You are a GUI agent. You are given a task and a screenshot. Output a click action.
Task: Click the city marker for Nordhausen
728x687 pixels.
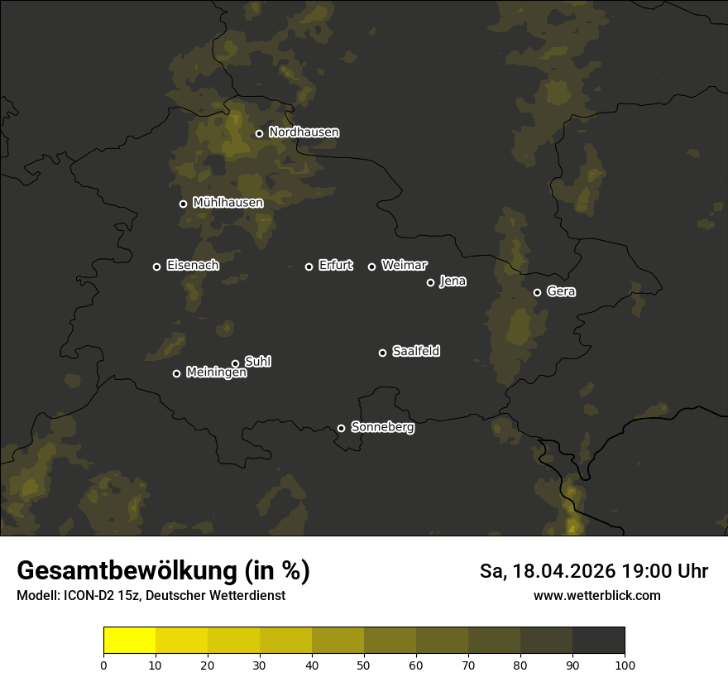tap(259, 133)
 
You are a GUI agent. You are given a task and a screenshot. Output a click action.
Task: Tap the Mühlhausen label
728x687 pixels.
tap(228, 203)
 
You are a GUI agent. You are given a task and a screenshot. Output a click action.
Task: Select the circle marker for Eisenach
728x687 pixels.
tap(156, 267)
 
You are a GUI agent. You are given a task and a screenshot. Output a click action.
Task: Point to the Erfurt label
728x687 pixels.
tap(335, 266)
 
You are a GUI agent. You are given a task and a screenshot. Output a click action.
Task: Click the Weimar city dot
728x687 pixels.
tap(371, 267)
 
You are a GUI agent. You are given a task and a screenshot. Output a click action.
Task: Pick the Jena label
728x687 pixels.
tap(453, 281)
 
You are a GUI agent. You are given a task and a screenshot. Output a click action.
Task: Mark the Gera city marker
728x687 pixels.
tap(537, 292)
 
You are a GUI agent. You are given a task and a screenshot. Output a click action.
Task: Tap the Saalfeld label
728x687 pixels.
tap(415, 352)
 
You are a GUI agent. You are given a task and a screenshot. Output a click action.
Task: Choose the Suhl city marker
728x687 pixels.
tap(235, 363)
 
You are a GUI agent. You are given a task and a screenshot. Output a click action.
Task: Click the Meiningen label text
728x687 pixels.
tap(216, 373)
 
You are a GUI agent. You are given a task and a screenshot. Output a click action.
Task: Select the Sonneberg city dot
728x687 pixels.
tap(341, 428)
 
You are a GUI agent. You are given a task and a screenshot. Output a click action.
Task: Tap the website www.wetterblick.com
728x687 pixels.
tap(596, 596)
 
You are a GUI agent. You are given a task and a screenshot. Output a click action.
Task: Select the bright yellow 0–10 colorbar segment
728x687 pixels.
tap(130, 641)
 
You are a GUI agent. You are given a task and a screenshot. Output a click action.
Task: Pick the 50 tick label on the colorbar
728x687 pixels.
tap(364, 665)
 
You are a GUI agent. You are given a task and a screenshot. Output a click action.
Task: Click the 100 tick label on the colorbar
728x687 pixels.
tap(625, 665)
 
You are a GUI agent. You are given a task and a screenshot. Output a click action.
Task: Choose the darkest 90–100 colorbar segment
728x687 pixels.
tap(598, 641)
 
